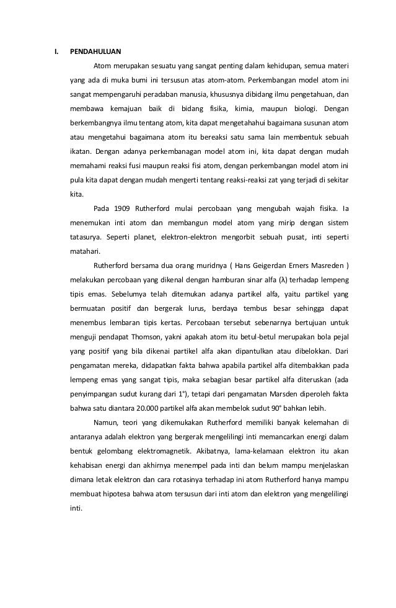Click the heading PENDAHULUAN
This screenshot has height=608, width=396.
pos(95,51)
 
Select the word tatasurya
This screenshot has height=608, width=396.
pos(85,237)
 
